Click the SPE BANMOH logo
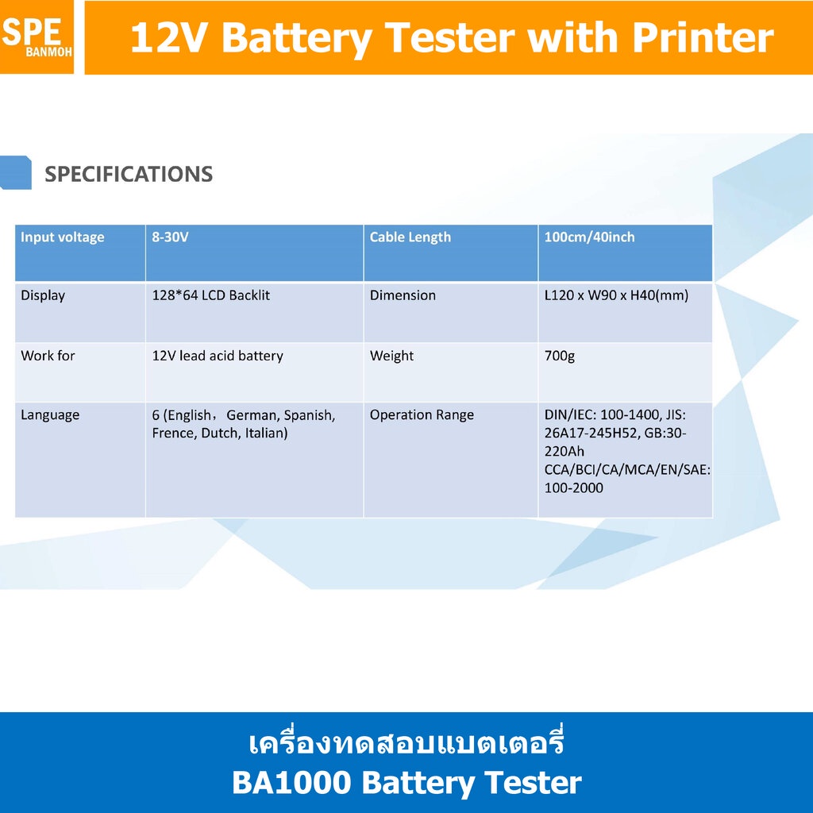37,37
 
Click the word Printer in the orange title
703,38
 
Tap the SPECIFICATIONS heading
129,174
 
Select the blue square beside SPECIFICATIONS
16,172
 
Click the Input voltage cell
62,237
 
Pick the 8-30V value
170,237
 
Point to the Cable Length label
410,237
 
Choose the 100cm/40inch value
590,237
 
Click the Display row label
43,295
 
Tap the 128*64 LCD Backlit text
211,295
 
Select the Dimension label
403,295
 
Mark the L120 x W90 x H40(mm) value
616,295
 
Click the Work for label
48,356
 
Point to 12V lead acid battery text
218,356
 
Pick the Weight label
391,356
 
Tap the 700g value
560,356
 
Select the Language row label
50,415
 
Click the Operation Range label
422,415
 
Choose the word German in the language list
253,415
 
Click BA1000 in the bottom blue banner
291,782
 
